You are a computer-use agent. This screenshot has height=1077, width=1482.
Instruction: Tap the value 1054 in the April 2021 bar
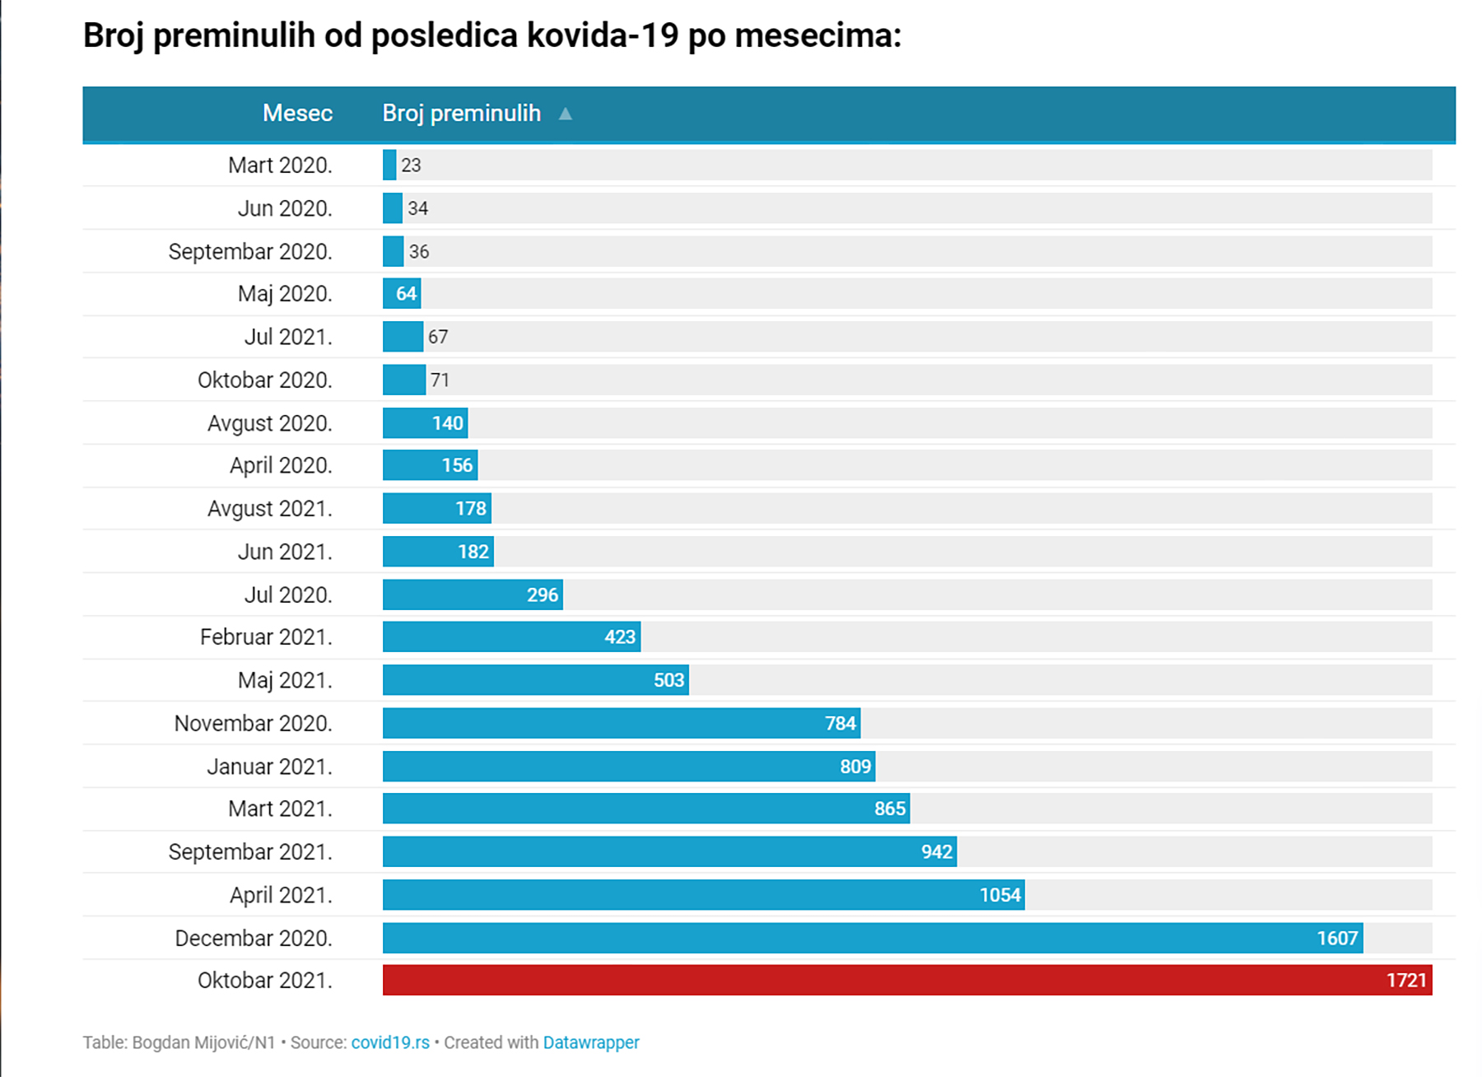[1000, 895]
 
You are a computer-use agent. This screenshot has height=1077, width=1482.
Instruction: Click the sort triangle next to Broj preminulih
[565, 114]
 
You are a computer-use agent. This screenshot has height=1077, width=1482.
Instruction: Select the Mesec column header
[297, 113]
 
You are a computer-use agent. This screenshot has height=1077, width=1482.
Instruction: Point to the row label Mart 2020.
[280, 166]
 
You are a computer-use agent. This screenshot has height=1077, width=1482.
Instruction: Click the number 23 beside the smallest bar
[411, 166]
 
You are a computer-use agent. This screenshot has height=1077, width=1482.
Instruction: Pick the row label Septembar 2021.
[250, 852]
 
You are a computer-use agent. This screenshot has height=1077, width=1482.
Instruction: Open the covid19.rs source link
[390, 1042]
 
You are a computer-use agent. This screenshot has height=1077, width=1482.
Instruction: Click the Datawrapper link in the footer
[590, 1042]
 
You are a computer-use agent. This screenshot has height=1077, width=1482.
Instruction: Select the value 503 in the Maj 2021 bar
[669, 680]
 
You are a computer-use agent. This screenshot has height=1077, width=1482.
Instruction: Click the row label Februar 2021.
[266, 637]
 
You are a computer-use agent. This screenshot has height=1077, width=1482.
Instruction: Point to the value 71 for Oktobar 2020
[440, 380]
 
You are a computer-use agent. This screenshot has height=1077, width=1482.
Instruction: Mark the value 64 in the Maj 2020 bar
[406, 294]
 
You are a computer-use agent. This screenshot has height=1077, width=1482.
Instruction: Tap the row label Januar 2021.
[269, 767]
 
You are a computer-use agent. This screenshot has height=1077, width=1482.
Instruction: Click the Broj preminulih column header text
[461, 113]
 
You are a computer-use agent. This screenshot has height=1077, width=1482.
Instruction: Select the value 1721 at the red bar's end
[1405, 980]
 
